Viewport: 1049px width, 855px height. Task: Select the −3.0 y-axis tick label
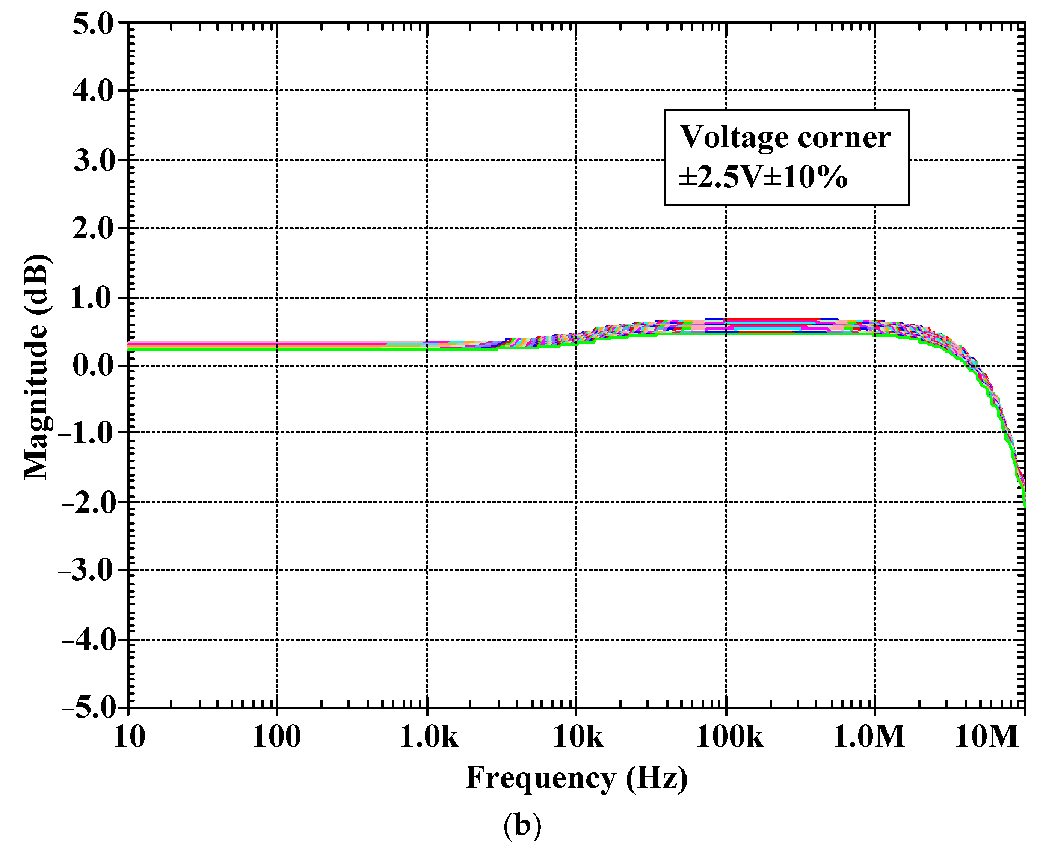(x=86, y=571)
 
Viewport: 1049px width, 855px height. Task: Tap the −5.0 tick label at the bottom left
(x=86, y=708)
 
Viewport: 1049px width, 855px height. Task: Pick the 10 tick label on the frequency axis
(x=129, y=737)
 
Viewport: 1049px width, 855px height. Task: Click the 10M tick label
(x=986, y=737)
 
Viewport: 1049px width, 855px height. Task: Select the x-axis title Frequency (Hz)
(x=576, y=778)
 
